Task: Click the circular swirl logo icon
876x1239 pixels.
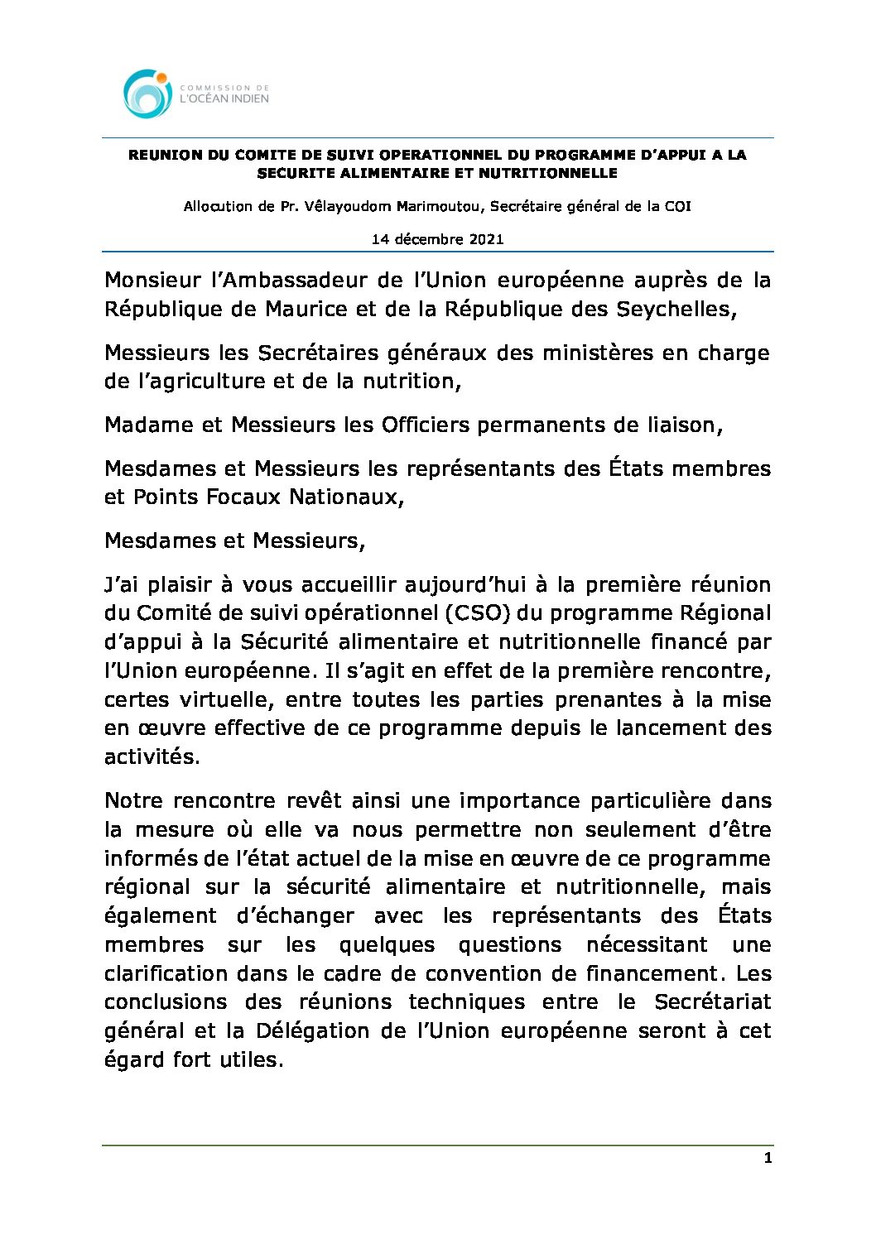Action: point(147,94)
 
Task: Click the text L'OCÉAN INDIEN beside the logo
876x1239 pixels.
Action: point(224,99)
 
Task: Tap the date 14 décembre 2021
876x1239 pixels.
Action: point(437,239)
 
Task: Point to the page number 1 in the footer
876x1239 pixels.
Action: point(768,1158)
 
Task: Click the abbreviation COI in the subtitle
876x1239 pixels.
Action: point(677,206)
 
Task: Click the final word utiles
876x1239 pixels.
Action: point(257,1060)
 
